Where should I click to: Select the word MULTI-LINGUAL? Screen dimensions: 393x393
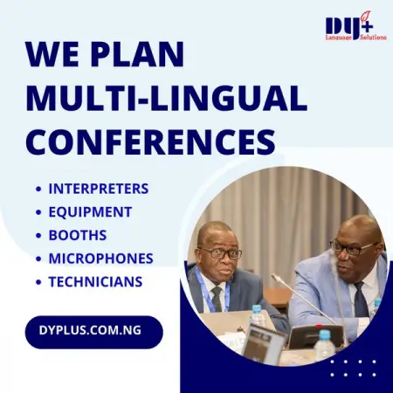tap(166, 97)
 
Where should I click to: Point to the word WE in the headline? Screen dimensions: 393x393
tap(52, 55)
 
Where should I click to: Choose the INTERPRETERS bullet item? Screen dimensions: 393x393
tap(98, 189)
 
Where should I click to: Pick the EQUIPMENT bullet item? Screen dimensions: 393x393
tap(90, 212)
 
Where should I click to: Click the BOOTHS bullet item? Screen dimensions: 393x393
tap(77, 235)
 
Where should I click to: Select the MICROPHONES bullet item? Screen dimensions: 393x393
tap(100, 259)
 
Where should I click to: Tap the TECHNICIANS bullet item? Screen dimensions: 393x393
tap(95, 282)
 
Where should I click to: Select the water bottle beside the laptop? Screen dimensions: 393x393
tap(258, 319)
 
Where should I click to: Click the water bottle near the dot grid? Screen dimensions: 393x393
tap(324, 344)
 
